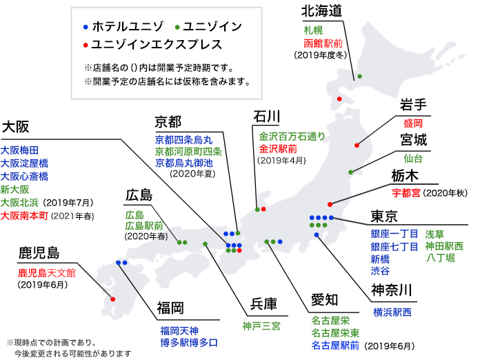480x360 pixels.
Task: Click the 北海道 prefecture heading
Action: (x=321, y=11)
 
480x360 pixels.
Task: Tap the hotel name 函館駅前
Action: (x=323, y=43)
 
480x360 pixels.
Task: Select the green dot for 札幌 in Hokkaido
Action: (x=360, y=77)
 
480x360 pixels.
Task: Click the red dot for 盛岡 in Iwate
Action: (x=357, y=145)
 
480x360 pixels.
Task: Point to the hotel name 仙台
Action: (x=413, y=158)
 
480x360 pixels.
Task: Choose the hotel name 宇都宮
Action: (x=406, y=193)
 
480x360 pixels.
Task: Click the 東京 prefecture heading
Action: (x=384, y=216)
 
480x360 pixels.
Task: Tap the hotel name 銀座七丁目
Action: (x=394, y=246)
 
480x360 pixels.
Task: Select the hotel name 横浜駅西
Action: (x=392, y=312)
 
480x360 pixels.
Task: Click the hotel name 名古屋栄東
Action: (x=335, y=332)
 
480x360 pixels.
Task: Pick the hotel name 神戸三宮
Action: (x=261, y=326)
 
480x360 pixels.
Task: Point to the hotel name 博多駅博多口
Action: (x=189, y=343)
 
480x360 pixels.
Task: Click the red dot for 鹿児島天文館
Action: (x=113, y=299)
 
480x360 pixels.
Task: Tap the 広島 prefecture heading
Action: (x=139, y=195)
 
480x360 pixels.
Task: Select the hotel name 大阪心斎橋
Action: (x=24, y=177)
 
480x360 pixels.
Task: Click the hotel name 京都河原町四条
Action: (x=188, y=151)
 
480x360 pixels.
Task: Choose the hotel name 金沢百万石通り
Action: (x=292, y=137)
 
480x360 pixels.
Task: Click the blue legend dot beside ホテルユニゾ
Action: (x=86, y=28)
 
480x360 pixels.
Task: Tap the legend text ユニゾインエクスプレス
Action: (x=157, y=45)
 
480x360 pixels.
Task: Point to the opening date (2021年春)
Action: (x=72, y=217)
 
